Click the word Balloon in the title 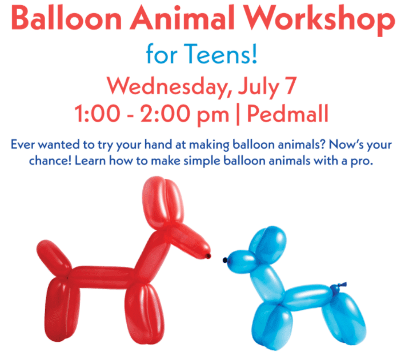point(66,18)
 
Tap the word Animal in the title point(183,18)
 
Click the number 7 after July point(291,85)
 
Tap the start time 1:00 point(97,114)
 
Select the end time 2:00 point(166,114)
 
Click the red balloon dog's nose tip point(208,256)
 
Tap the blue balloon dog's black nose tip point(225,260)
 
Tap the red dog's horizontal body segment point(102,277)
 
